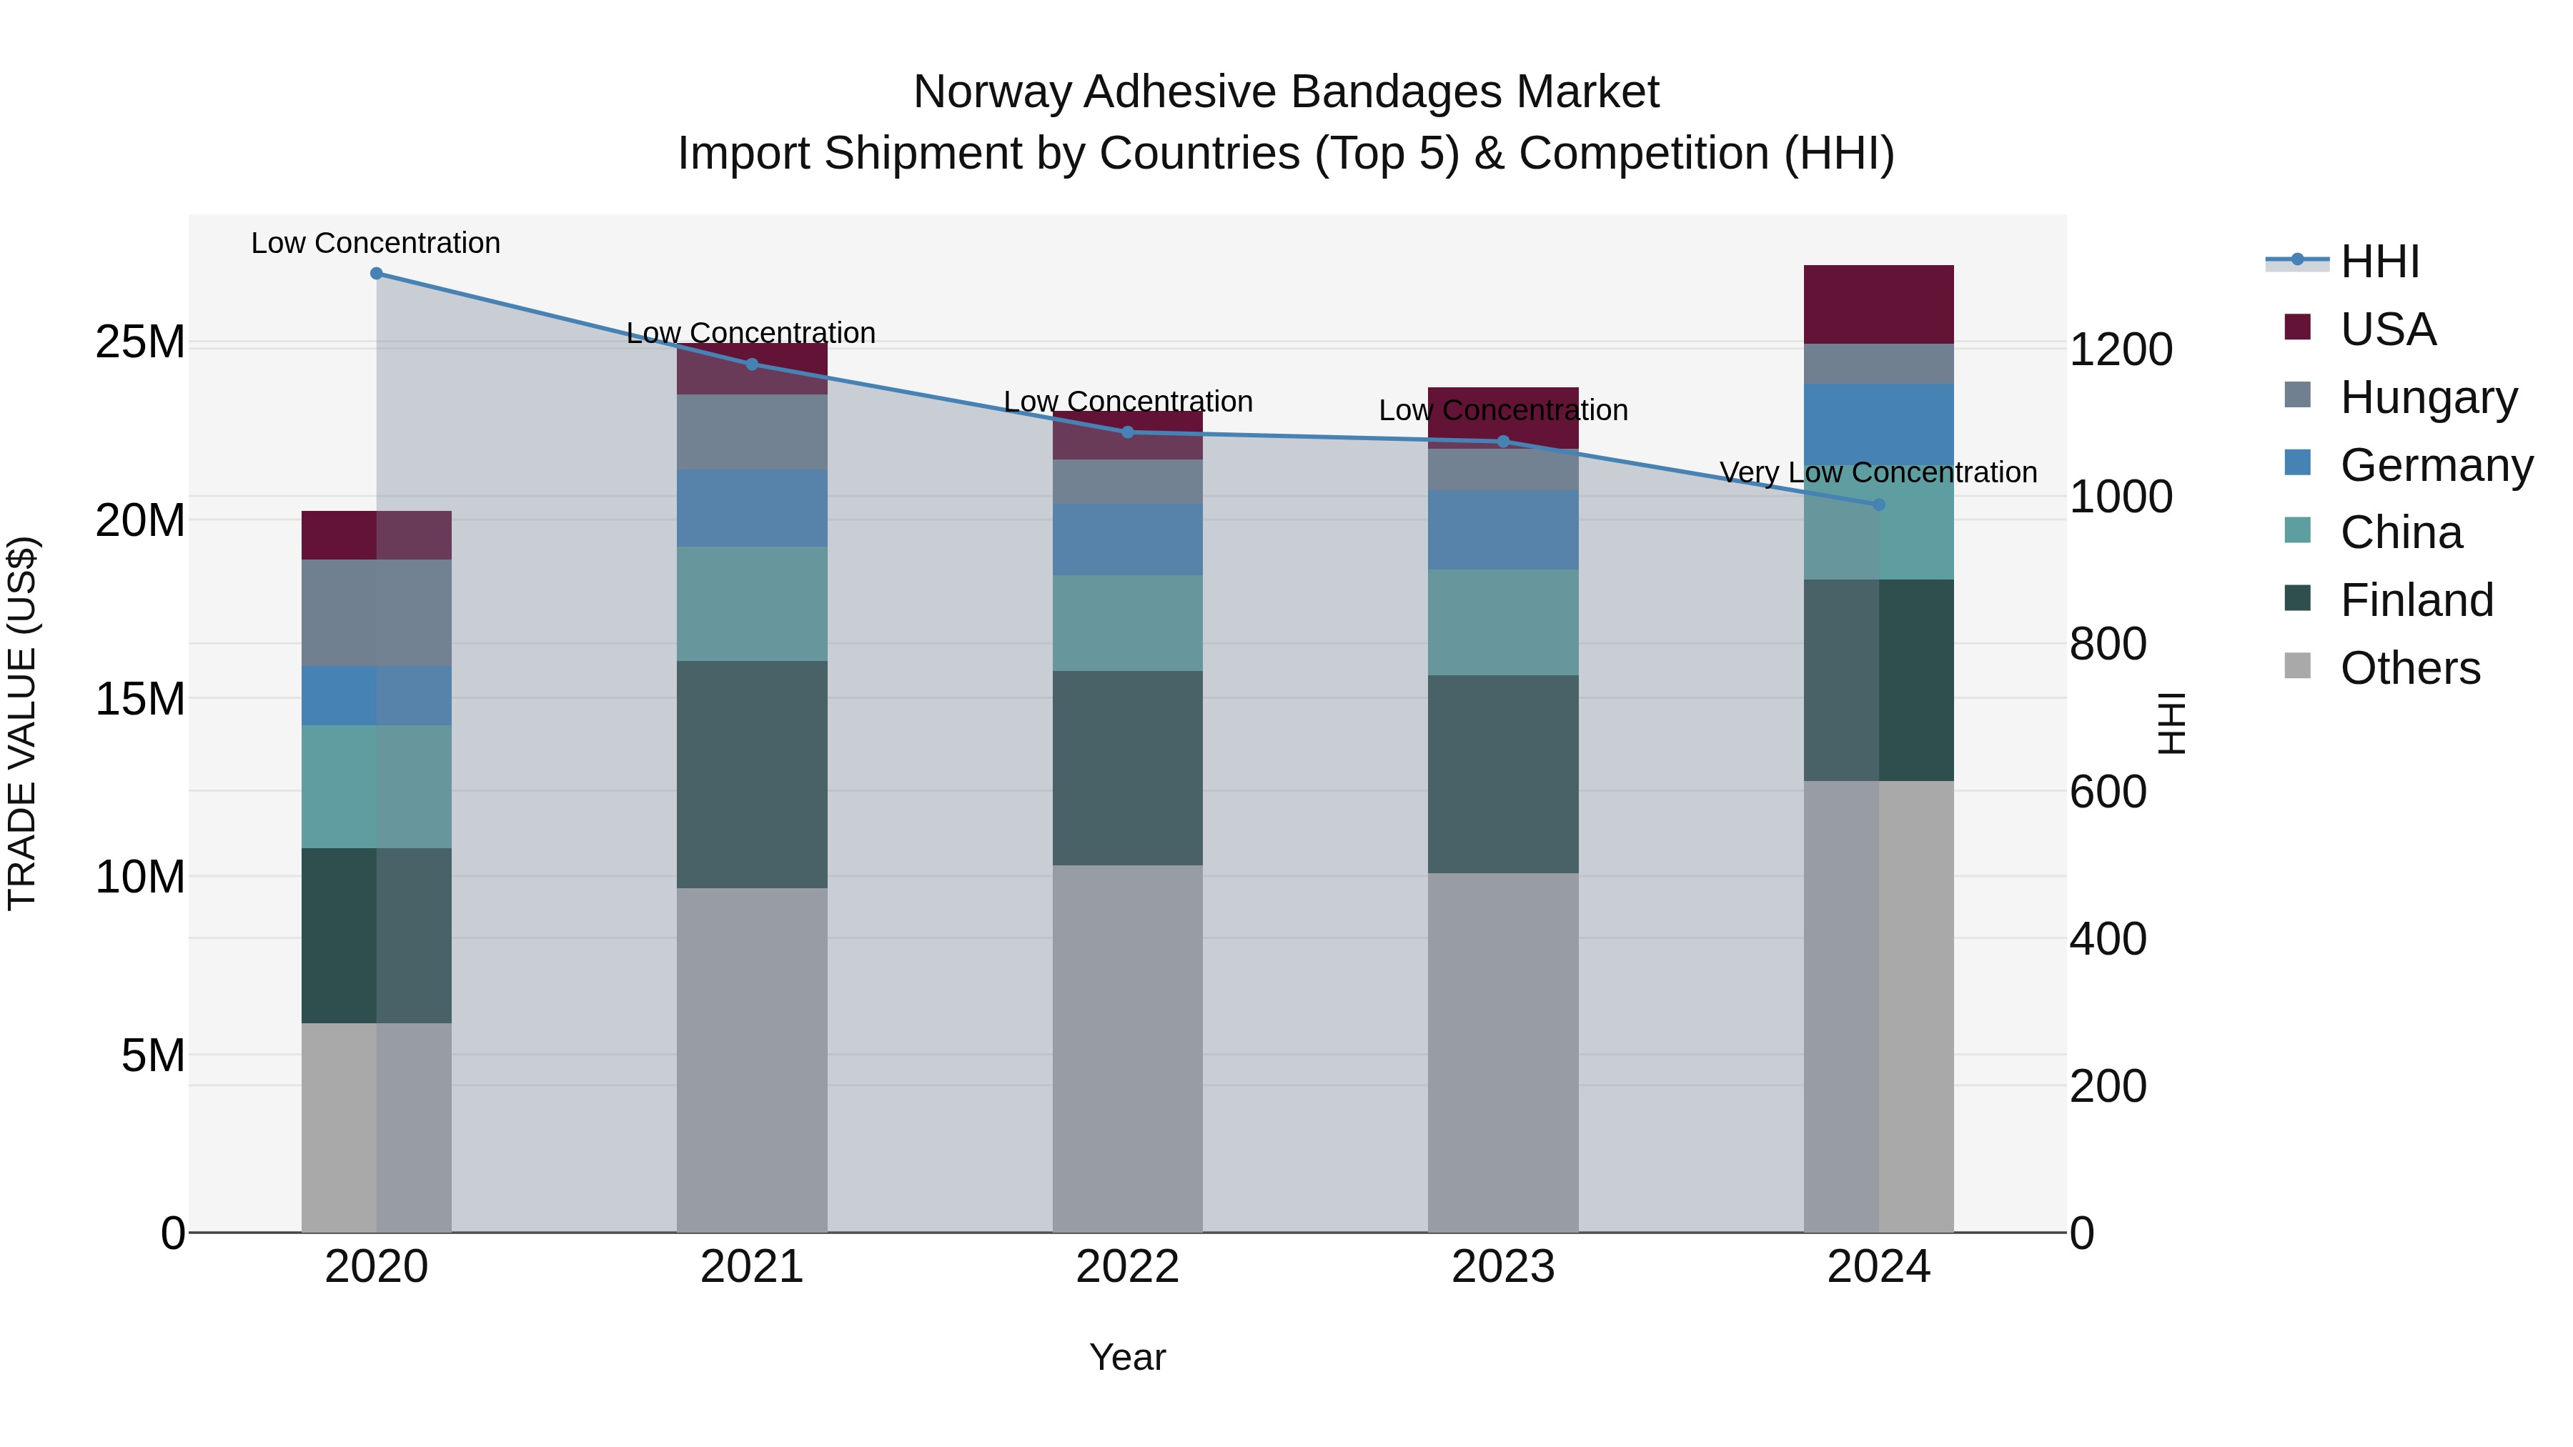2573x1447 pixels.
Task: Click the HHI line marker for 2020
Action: point(377,274)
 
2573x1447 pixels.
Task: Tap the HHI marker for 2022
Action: point(1128,432)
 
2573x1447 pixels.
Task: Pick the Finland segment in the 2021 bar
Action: point(751,774)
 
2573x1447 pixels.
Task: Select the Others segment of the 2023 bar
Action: point(1502,1053)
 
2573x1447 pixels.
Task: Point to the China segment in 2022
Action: point(1128,622)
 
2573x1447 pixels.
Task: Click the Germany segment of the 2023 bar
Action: point(1502,529)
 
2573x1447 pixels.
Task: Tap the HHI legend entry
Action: point(2379,262)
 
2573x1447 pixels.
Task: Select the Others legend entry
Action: point(2409,668)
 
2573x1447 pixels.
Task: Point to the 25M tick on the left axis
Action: point(140,342)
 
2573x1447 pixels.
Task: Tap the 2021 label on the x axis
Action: point(751,1267)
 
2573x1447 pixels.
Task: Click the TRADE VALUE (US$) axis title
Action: point(22,723)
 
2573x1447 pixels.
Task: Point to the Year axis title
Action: point(1128,1357)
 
